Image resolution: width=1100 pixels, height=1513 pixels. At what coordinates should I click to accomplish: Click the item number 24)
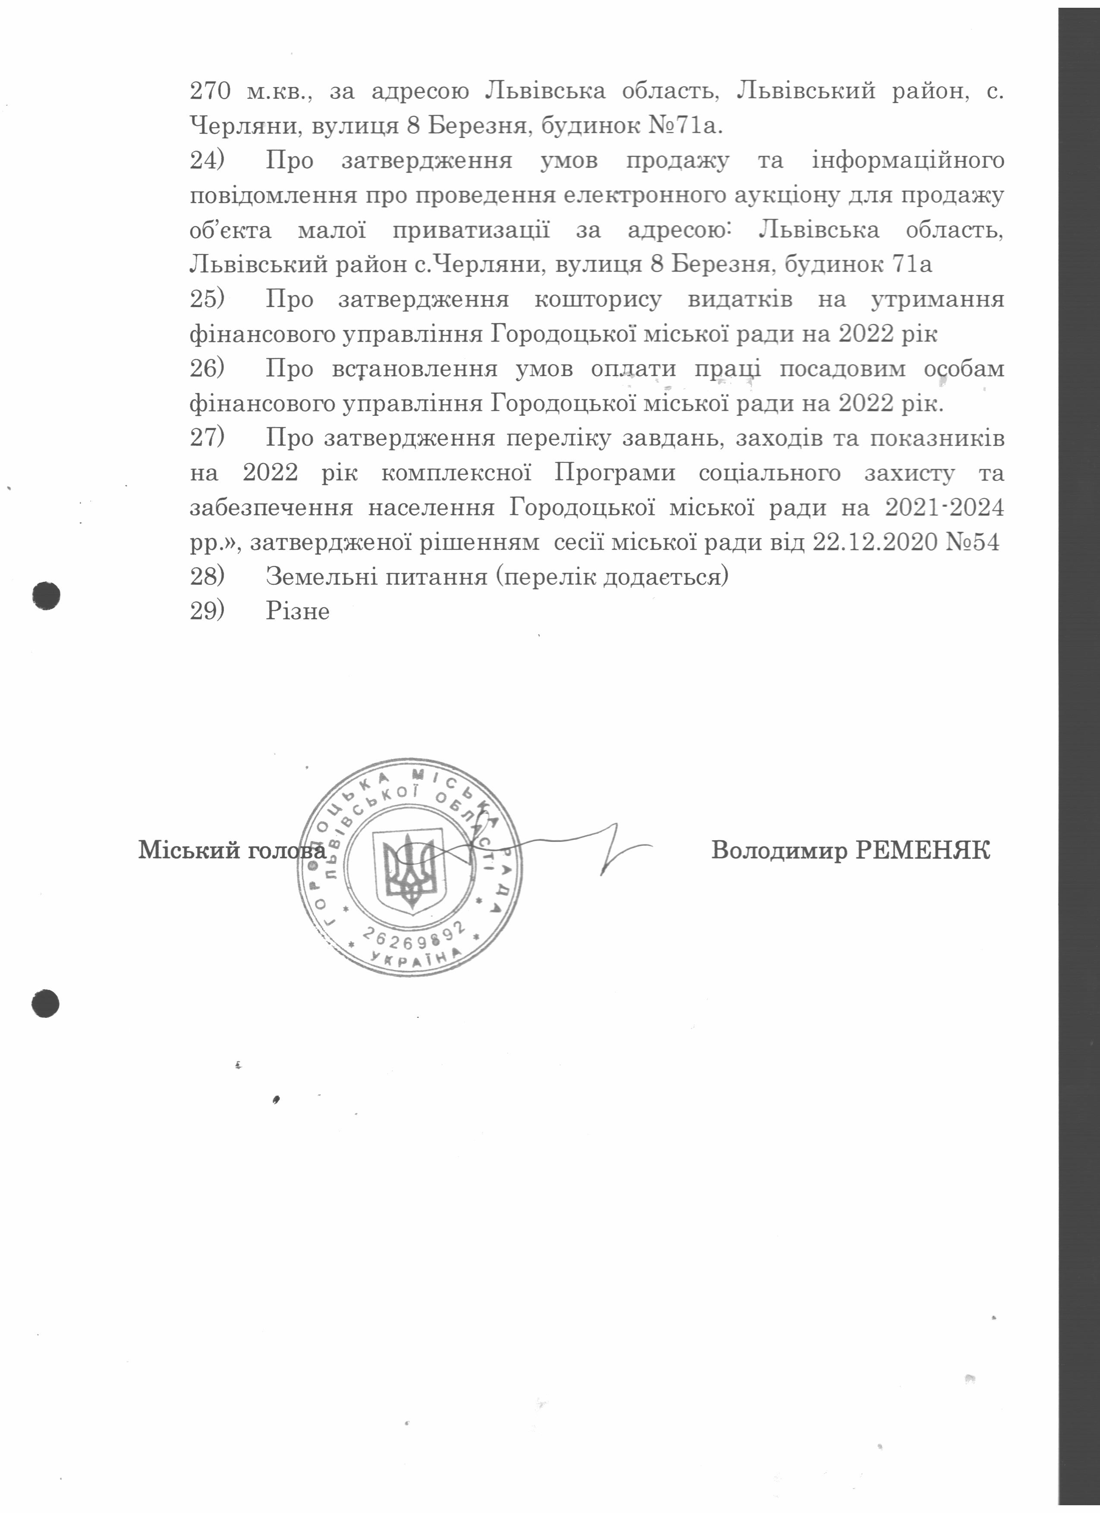coord(207,161)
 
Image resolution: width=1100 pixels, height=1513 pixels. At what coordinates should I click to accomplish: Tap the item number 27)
coord(207,438)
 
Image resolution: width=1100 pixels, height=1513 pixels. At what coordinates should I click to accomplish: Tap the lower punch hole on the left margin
coord(45,1003)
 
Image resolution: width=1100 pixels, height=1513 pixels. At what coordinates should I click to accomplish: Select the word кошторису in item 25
coord(598,299)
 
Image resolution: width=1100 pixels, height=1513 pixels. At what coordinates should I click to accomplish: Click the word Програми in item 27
coord(614,473)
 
